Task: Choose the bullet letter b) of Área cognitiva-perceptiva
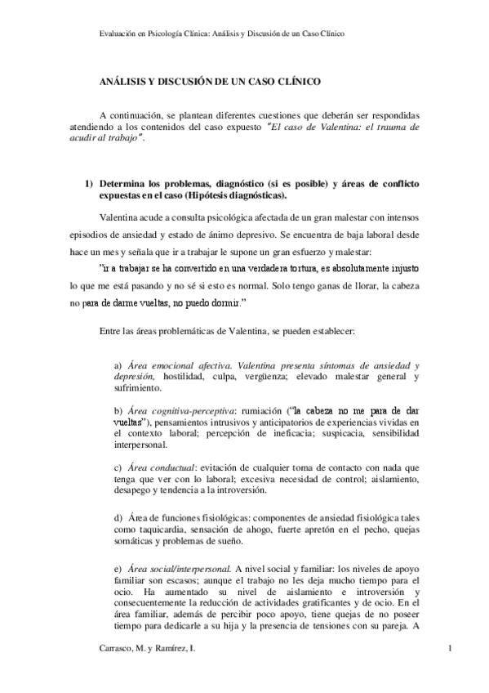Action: tap(118, 409)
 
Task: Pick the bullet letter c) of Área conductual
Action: tap(118, 467)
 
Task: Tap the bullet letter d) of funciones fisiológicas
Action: tap(118, 518)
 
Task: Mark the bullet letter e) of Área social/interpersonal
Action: tap(118, 567)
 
